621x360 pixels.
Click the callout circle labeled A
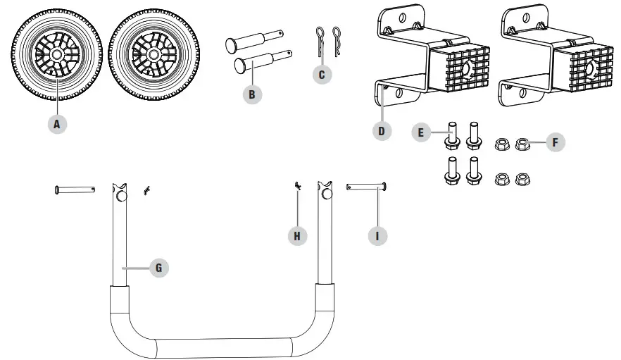(58, 124)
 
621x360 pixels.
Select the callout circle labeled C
(322, 74)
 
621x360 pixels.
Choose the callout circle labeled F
(555, 142)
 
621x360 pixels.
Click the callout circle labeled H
(297, 236)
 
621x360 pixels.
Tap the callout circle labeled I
(377, 236)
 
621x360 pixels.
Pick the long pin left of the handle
(75, 189)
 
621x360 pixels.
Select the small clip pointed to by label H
(298, 185)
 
